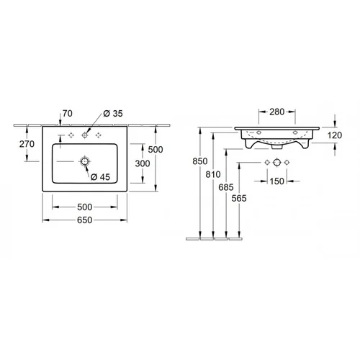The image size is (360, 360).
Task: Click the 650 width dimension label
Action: (x=85, y=220)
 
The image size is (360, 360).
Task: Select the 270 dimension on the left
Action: (x=27, y=144)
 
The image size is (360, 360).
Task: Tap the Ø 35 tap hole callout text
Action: (x=113, y=114)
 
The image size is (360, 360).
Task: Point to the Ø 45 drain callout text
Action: (x=100, y=177)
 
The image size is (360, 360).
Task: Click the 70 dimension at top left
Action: (x=68, y=113)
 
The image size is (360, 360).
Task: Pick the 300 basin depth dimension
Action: (x=143, y=163)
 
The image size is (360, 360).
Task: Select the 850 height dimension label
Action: (x=200, y=161)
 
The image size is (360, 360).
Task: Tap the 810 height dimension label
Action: (x=213, y=174)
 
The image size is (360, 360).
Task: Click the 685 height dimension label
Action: (x=226, y=187)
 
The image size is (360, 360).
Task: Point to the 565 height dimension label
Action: (x=239, y=198)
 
